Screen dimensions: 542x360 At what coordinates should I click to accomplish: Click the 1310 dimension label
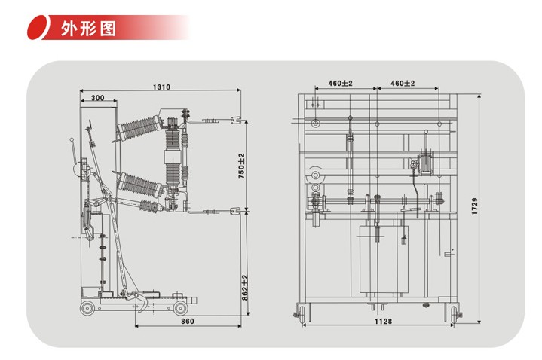point(162,87)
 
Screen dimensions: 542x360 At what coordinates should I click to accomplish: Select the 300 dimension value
point(97,98)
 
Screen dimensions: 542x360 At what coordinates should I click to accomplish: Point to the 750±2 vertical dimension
point(242,166)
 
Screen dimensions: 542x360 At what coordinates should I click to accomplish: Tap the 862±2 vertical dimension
point(245,288)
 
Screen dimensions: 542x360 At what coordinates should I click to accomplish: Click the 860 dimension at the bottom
point(188,322)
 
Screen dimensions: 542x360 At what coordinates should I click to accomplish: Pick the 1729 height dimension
point(475,206)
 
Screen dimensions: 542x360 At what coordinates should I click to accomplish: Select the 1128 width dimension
point(384,322)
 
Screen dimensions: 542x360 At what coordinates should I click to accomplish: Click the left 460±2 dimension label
point(340,84)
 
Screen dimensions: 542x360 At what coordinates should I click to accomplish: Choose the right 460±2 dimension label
point(403,84)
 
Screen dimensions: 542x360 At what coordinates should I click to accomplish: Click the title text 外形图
point(88,29)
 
